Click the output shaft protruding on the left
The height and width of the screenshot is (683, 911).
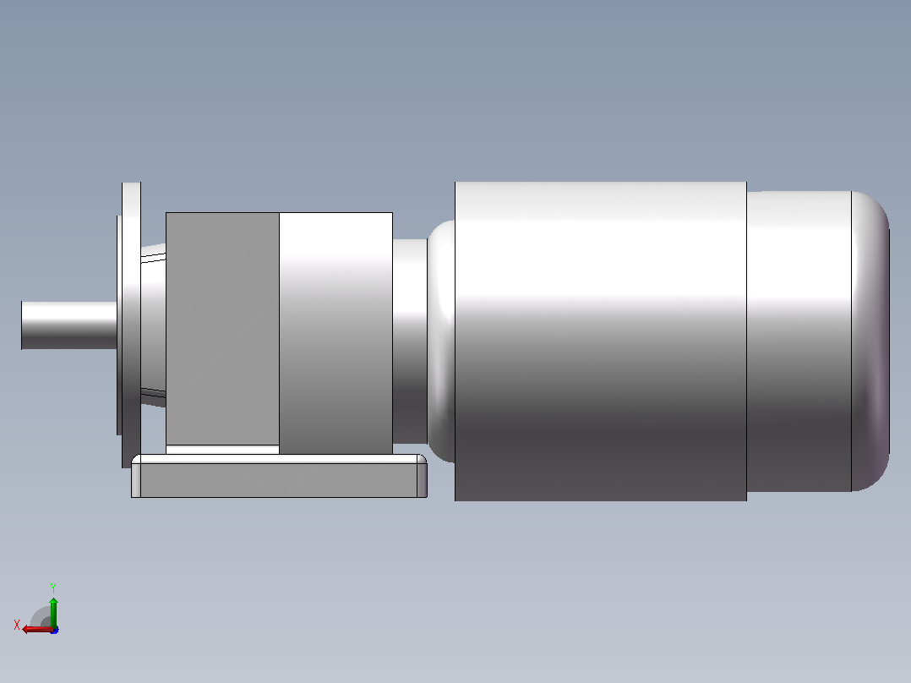tap(69, 325)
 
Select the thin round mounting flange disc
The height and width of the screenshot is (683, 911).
tap(131, 325)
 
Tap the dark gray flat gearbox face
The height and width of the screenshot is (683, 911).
tap(222, 329)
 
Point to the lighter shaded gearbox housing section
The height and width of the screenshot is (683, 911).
tap(335, 333)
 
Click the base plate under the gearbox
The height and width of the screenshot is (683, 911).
tap(279, 476)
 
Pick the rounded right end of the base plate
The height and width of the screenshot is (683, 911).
tap(423, 476)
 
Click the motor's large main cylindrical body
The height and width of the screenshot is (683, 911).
tap(601, 341)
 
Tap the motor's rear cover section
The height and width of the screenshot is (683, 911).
tap(799, 341)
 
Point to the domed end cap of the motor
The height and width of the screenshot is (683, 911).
tap(870, 341)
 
